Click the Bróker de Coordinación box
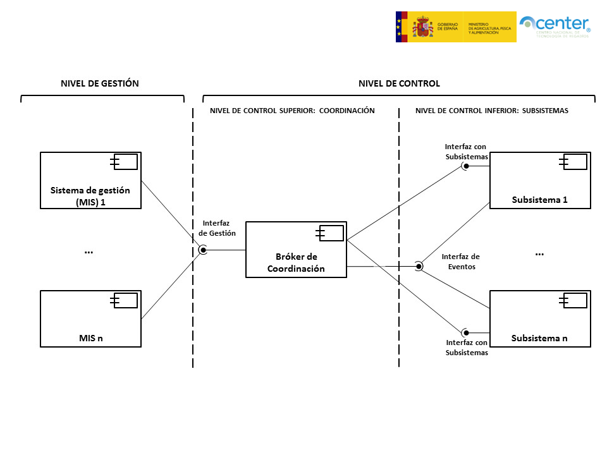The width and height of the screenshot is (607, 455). point(296,250)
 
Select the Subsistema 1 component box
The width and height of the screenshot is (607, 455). point(540,180)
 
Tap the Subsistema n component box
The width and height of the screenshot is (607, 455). point(540,319)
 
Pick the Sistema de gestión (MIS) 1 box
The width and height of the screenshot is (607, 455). point(90,180)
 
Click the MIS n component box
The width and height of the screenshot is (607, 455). point(90,319)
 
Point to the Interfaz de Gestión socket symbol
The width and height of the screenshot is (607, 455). point(203,250)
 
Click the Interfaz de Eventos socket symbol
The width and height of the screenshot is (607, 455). point(419,266)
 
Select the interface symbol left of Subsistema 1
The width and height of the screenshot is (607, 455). point(465,167)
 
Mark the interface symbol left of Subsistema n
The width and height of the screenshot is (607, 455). point(465,332)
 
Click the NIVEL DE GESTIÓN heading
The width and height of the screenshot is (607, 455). point(100,83)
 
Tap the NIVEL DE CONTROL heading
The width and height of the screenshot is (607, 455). point(399,83)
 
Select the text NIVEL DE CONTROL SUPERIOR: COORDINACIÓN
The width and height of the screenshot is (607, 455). point(292,111)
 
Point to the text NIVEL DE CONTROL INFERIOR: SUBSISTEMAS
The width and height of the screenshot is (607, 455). point(492,111)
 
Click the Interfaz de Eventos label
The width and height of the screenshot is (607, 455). point(460,262)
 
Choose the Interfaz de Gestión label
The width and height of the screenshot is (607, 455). point(217,228)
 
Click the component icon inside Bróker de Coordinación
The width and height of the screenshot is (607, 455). point(331,233)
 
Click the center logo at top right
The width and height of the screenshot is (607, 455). point(555,27)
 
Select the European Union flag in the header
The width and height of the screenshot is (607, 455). point(401,27)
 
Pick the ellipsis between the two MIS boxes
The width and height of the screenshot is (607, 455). point(89,252)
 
